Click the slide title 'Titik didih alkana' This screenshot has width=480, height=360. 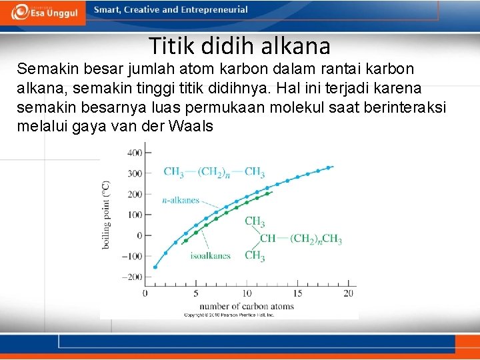tap(239, 46)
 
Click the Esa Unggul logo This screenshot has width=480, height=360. tap(43, 12)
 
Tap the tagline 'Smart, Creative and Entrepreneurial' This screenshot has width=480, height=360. tap(171, 10)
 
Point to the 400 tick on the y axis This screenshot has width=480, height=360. tap(133, 153)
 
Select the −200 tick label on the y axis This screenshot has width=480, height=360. tap(132, 277)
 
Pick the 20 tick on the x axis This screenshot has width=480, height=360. tap(348, 293)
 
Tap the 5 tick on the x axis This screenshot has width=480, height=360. tap(196, 293)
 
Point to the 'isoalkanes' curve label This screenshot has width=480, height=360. tap(210, 255)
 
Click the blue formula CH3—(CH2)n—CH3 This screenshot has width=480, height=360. tap(214, 171)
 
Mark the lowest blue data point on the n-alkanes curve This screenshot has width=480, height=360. tap(155, 267)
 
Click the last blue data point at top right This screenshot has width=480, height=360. tap(328, 167)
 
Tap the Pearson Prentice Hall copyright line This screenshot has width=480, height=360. tap(229, 314)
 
